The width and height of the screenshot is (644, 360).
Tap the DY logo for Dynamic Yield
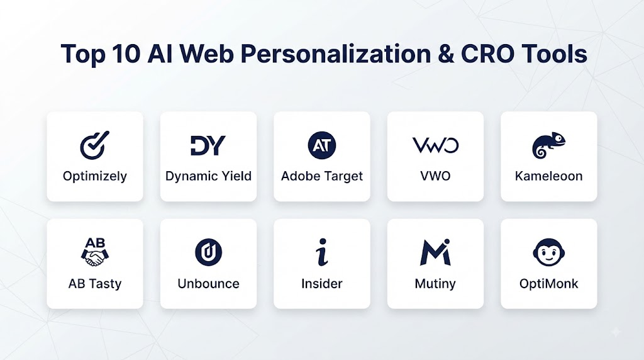click(208, 145)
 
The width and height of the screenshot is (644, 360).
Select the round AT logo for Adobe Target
click(322, 145)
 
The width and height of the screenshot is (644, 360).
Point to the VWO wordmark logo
click(435, 145)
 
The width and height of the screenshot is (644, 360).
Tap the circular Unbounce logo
click(208, 252)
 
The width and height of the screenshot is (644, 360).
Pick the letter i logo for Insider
click(323, 252)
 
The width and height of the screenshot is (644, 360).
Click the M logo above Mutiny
click(435, 252)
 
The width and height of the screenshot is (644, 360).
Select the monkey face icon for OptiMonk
click(548, 252)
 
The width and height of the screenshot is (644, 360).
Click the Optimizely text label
click(95, 176)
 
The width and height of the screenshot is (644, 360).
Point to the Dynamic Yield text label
click(208, 176)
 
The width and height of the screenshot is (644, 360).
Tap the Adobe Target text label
click(322, 176)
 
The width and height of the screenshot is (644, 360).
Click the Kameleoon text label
click(548, 176)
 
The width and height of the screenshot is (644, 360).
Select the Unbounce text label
click(208, 284)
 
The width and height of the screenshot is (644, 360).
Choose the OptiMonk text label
click(548, 284)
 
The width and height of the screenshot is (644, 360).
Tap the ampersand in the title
click(446, 54)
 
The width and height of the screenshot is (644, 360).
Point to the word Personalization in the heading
click(336, 54)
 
